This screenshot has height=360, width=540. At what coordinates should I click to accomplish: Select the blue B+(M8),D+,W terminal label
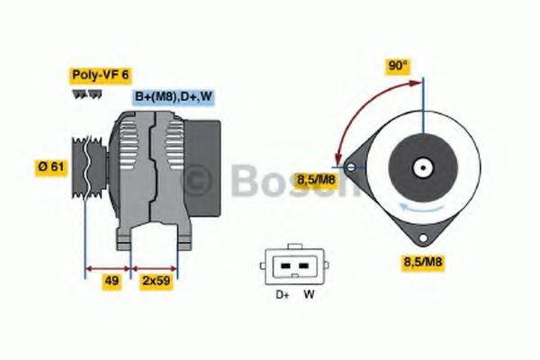(173, 96)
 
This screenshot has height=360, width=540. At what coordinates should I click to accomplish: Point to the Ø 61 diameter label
(49, 166)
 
